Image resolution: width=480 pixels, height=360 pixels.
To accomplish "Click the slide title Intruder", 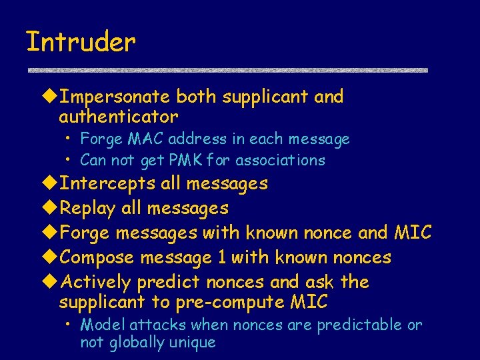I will [x=81, y=43].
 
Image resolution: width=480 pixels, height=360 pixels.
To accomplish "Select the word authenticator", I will [x=119, y=117].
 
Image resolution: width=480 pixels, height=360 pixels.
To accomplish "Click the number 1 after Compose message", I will [x=225, y=258].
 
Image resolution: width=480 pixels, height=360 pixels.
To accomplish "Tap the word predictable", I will [x=359, y=325].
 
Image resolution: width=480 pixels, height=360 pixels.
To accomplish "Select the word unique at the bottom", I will [x=194, y=343].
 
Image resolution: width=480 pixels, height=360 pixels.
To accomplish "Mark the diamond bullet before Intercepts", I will [x=51, y=183].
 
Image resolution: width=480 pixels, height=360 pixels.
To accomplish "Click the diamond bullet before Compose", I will [x=51, y=258].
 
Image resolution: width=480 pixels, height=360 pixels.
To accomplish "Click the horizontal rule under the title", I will [x=227, y=70].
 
